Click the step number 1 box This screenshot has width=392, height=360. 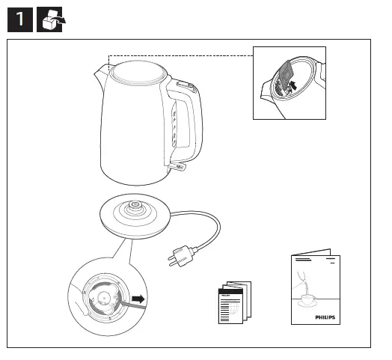coord(20,19)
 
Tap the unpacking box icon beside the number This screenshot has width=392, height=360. coord(51,19)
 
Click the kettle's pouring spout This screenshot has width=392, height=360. coord(100,73)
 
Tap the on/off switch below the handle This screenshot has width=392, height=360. coord(180,167)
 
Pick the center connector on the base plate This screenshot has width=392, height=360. coord(135,205)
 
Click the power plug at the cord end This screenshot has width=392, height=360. coord(182,257)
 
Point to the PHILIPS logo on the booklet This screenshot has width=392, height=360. coord(325,317)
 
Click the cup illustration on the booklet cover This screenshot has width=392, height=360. coord(307,299)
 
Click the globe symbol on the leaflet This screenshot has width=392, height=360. coord(230,308)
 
